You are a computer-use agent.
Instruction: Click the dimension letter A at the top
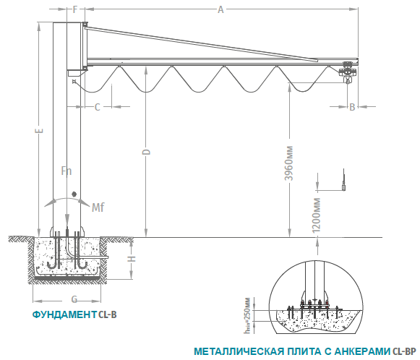(x=220, y=9)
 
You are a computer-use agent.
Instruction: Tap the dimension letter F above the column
(x=75, y=9)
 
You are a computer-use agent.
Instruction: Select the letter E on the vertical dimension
(x=39, y=131)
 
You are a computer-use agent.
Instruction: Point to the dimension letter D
(x=146, y=152)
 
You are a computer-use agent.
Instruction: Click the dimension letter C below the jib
(x=98, y=107)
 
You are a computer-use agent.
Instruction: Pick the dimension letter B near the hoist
(x=352, y=107)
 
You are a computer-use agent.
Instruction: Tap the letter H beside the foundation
(x=132, y=259)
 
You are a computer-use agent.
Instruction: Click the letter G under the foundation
(x=74, y=299)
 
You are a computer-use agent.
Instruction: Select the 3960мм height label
(x=289, y=163)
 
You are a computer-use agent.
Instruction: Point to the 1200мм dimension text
(x=317, y=215)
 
